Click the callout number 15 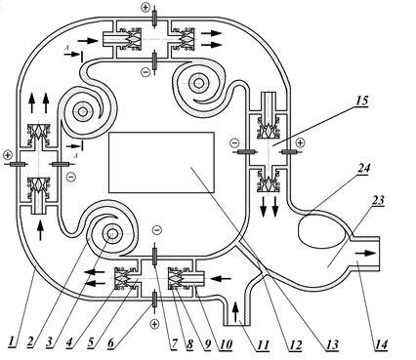point(361,100)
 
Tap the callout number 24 point(364,168)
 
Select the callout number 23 point(378,200)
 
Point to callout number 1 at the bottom point(12,341)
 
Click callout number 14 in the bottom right point(381,344)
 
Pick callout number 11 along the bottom point(263,344)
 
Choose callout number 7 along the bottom point(174,343)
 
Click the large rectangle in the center point(161,162)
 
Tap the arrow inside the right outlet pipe point(365,253)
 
